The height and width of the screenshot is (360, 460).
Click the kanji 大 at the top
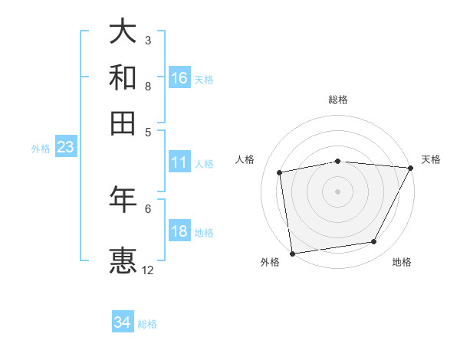click(x=123, y=32)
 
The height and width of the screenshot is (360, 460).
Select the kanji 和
click(x=123, y=77)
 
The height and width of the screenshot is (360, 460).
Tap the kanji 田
click(x=123, y=123)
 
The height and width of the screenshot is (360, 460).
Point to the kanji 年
click(x=123, y=199)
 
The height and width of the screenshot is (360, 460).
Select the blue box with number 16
click(x=179, y=78)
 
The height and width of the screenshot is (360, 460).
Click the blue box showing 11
click(x=179, y=162)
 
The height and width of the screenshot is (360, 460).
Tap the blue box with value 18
click(x=179, y=231)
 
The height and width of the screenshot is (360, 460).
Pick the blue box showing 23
click(x=64, y=148)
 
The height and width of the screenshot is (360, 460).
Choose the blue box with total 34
click(x=123, y=322)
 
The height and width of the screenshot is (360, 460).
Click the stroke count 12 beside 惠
click(x=148, y=270)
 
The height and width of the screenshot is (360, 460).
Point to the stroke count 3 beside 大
click(x=148, y=40)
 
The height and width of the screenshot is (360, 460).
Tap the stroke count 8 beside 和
click(x=148, y=86)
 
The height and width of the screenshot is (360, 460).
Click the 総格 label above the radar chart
click(x=337, y=100)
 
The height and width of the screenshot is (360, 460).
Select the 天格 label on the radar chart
click(x=431, y=159)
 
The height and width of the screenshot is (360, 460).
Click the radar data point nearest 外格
click(x=291, y=253)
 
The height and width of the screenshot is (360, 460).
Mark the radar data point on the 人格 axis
click(x=280, y=172)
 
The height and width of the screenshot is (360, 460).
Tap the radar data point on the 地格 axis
click(x=374, y=242)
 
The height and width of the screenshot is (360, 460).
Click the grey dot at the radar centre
click(x=337, y=191)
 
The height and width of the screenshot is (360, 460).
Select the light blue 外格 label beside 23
click(x=40, y=149)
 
